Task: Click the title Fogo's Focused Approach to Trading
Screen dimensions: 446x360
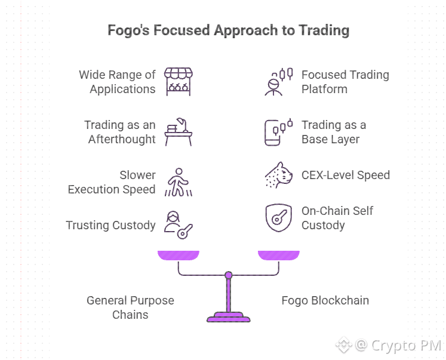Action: (x=228, y=30)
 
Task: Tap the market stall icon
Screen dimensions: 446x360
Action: (x=178, y=82)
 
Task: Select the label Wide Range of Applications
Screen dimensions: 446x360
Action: (x=117, y=82)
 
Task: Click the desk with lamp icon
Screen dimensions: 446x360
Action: (x=178, y=132)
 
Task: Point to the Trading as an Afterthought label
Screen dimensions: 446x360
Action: (x=119, y=132)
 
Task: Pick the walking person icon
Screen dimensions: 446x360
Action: (x=178, y=182)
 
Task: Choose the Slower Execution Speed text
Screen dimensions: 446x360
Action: (x=112, y=182)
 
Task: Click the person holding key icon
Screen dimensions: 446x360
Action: (x=178, y=224)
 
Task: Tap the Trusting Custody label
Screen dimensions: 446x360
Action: (x=110, y=225)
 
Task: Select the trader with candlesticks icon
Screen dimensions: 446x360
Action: (x=278, y=82)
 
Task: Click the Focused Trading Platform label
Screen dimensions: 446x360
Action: (x=345, y=82)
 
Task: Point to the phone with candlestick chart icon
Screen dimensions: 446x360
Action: (x=278, y=132)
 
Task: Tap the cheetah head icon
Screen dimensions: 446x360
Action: (x=278, y=175)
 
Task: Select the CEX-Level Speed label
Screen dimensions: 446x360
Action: (x=346, y=175)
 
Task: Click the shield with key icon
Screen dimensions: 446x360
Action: (x=278, y=218)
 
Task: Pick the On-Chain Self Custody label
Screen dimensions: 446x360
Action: (x=338, y=218)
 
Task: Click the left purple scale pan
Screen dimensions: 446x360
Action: (x=178, y=256)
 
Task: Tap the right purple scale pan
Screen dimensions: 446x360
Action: (x=278, y=256)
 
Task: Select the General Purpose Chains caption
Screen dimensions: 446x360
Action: (x=130, y=307)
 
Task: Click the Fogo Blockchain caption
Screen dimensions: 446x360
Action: (x=325, y=300)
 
